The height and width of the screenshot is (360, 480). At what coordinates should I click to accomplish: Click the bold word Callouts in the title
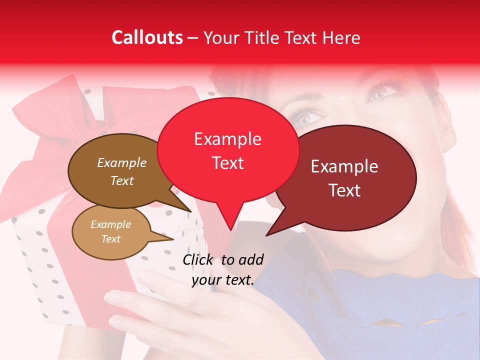pyautogui.click(x=147, y=37)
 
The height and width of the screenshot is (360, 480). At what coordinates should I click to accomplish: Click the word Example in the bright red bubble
pyautogui.click(x=227, y=139)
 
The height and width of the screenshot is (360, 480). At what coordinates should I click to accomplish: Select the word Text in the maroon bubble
pyautogui.click(x=345, y=190)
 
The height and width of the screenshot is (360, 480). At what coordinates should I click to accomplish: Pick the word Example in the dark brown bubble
pyautogui.click(x=121, y=163)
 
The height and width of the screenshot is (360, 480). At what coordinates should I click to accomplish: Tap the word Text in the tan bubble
pyautogui.click(x=110, y=239)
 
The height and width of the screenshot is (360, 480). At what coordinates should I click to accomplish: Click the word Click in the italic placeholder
pyautogui.click(x=199, y=259)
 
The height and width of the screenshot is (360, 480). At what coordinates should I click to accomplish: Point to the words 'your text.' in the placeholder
pyautogui.click(x=223, y=280)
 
